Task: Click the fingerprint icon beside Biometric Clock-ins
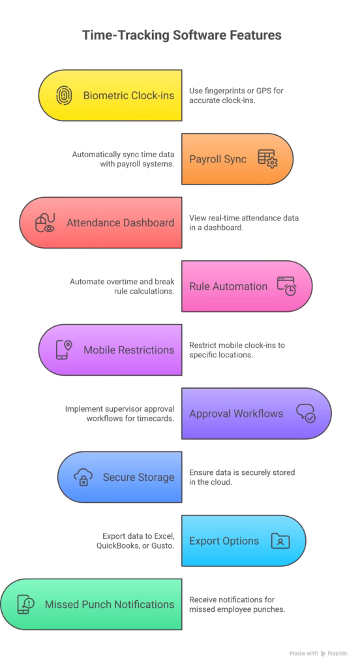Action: [63, 95]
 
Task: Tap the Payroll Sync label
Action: [218, 159]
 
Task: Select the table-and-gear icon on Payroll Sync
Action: [266, 159]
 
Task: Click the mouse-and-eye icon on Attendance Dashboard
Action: [44, 222]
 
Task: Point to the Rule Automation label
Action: [219, 286]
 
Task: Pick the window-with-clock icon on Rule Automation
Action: [286, 286]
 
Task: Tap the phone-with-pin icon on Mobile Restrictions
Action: [63, 350]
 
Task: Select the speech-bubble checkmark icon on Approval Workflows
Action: [305, 413]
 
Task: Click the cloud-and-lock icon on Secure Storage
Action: [83, 477]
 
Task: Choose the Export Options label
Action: [224, 541]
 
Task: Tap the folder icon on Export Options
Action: [280, 541]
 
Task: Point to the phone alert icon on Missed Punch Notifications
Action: [25, 604]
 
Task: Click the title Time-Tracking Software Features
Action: [181, 36]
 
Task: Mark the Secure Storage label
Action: [138, 477]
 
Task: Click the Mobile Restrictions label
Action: [128, 350]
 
